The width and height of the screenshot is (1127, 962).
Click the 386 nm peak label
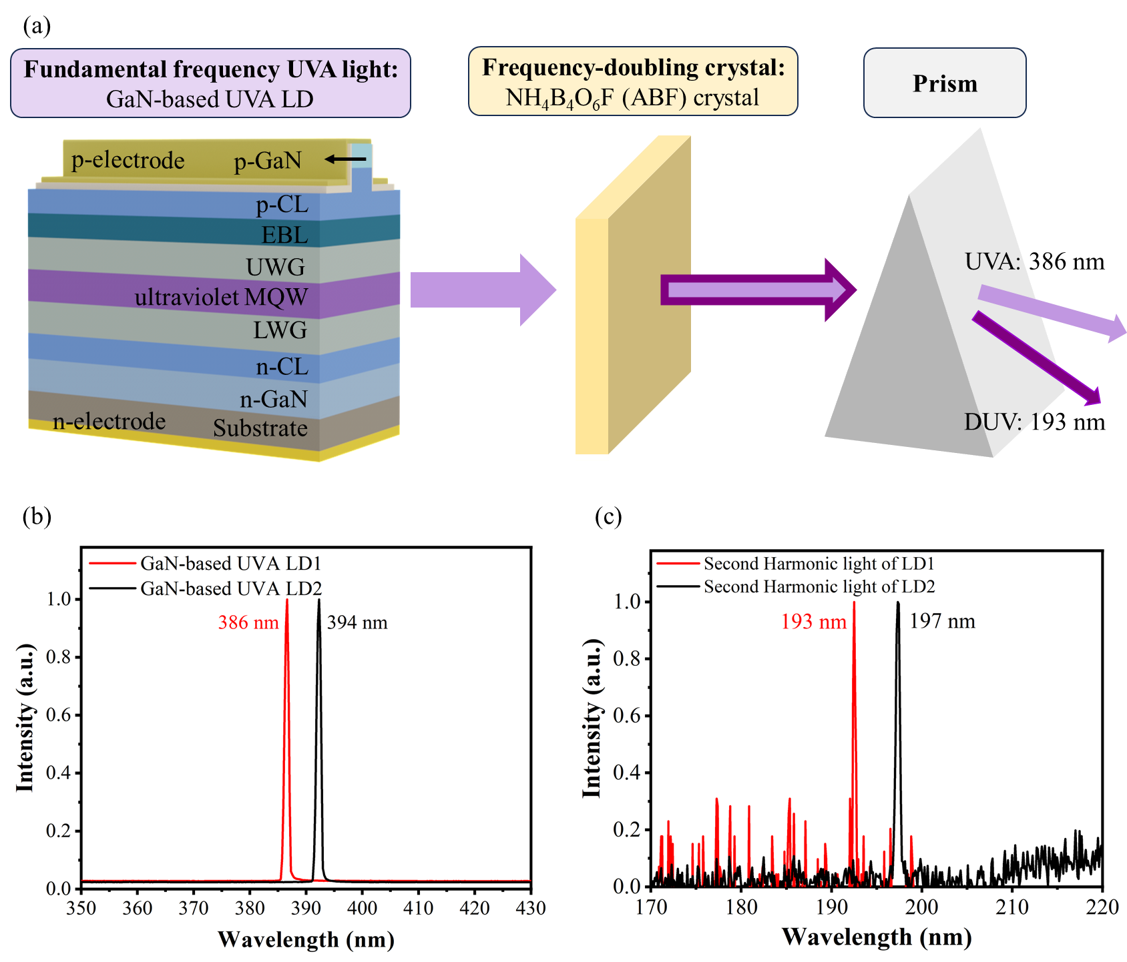click(x=248, y=622)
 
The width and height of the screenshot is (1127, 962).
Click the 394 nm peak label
click(x=357, y=622)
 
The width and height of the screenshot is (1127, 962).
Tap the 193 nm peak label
click(x=813, y=622)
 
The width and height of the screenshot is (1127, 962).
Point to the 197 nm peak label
click(x=942, y=621)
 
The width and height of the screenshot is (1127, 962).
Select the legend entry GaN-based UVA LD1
click(x=230, y=564)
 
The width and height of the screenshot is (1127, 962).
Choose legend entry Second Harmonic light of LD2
click(x=819, y=586)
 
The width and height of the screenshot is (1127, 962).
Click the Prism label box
click(x=944, y=83)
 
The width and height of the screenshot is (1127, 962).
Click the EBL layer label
click(x=284, y=235)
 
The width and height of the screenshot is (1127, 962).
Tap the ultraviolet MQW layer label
click(x=221, y=297)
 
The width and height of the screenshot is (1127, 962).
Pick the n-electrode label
click(x=109, y=421)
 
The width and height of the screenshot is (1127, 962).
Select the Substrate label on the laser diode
click(x=260, y=428)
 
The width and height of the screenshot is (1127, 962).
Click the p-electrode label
click(x=128, y=160)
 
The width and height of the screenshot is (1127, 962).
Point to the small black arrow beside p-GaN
click(x=345, y=159)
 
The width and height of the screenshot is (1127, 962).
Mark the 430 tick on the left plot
click(x=531, y=908)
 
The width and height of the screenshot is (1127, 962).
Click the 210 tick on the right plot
click(x=1012, y=907)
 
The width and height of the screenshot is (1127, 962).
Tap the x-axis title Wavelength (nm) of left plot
click(x=306, y=939)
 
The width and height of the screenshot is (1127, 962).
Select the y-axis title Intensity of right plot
click(x=592, y=718)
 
